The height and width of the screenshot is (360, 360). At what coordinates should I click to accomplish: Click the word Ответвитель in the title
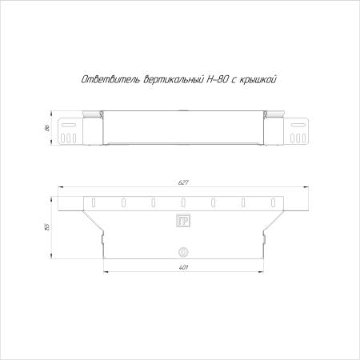(109, 79)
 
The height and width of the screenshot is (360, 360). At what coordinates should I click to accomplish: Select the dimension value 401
(182, 266)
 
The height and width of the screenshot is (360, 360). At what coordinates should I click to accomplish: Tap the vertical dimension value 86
(48, 128)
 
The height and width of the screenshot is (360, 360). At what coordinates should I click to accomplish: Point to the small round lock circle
(182, 250)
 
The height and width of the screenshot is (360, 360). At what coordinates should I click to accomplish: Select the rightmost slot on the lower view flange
(271, 201)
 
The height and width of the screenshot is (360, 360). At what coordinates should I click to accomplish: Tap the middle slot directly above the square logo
(182, 201)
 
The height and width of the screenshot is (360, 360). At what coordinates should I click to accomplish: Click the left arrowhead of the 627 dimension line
(58, 189)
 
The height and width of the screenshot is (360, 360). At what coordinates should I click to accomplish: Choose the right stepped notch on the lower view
(265, 238)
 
